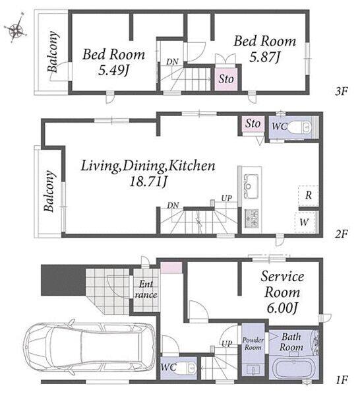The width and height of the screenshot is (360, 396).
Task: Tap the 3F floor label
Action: [x=342, y=91]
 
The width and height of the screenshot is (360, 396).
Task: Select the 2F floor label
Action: [x=342, y=234]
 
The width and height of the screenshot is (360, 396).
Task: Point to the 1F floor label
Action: [x=342, y=379]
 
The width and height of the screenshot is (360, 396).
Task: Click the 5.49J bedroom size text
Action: [x=113, y=71]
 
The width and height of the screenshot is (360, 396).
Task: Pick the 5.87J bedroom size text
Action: [x=265, y=57]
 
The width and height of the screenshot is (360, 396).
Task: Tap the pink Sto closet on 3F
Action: [x=225, y=79]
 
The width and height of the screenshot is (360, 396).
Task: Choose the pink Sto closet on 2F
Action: [x=253, y=124]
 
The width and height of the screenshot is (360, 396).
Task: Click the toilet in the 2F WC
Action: [x=301, y=127]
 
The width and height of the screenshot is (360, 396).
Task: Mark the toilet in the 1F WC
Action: [x=186, y=368]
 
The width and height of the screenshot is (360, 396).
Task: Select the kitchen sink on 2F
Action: [x=251, y=186]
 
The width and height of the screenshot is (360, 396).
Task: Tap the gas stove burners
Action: [x=251, y=218]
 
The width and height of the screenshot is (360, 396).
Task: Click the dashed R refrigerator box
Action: [x=308, y=195]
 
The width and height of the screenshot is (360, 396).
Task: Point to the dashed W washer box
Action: [x=305, y=222]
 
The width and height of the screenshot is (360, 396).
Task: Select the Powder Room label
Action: [x=253, y=344]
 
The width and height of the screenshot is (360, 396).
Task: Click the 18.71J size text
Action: [x=148, y=181]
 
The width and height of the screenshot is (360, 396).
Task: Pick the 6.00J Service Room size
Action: [x=283, y=308]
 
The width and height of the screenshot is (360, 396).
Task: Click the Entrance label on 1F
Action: [x=146, y=290]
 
